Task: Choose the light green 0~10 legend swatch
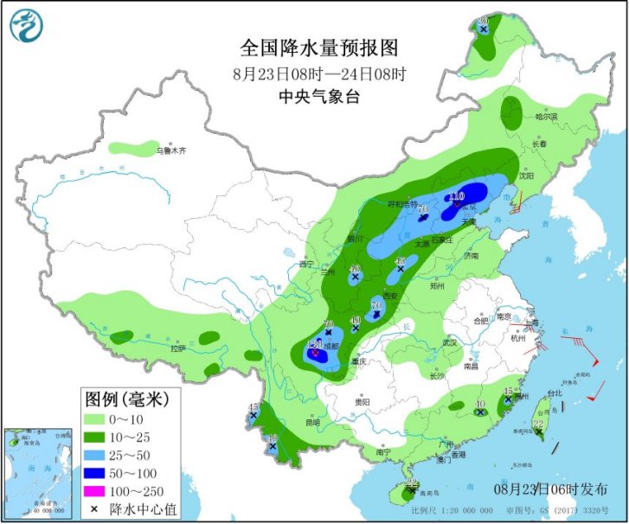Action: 101,419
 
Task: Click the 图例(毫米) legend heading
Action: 125,399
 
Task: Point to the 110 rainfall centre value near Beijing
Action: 455,195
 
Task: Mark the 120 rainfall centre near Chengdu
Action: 317,346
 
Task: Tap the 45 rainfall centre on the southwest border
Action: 254,408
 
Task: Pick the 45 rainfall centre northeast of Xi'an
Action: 401,262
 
